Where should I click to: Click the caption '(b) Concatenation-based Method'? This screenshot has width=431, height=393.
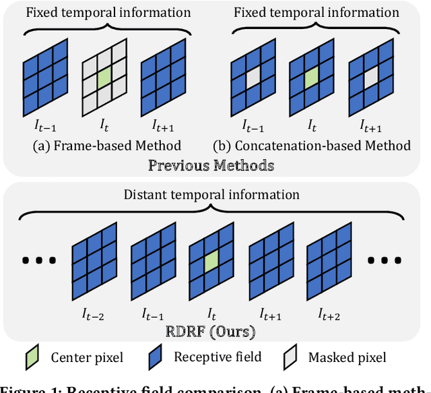(x=312, y=145)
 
